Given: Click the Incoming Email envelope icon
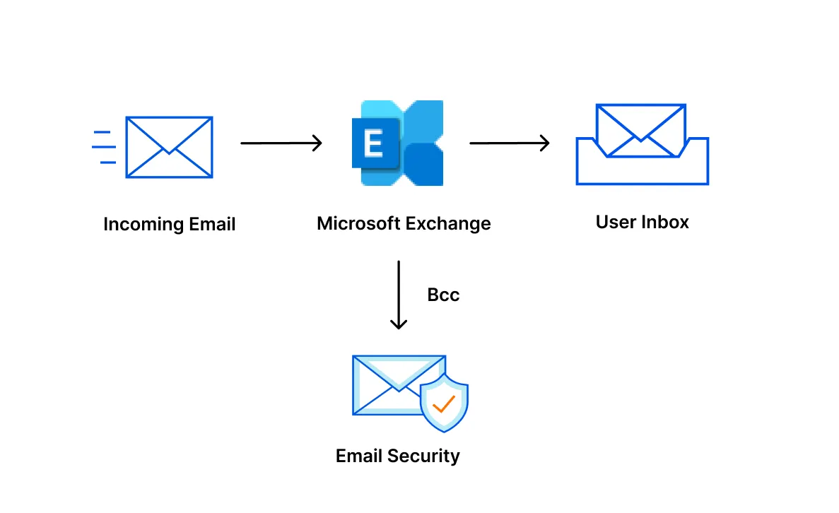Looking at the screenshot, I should [169, 147].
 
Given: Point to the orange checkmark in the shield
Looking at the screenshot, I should [444, 404].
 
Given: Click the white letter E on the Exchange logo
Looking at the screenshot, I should [372, 144].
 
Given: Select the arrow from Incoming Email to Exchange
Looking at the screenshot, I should [281, 143].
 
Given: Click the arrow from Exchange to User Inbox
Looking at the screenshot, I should [509, 143].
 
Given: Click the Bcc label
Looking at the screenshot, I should [443, 295].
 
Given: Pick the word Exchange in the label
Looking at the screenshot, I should [447, 223].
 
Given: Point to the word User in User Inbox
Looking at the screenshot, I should [616, 222].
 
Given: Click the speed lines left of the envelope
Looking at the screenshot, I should [104, 147].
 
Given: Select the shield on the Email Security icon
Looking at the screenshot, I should [444, 403].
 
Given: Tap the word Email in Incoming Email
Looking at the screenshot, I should [212, 225].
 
